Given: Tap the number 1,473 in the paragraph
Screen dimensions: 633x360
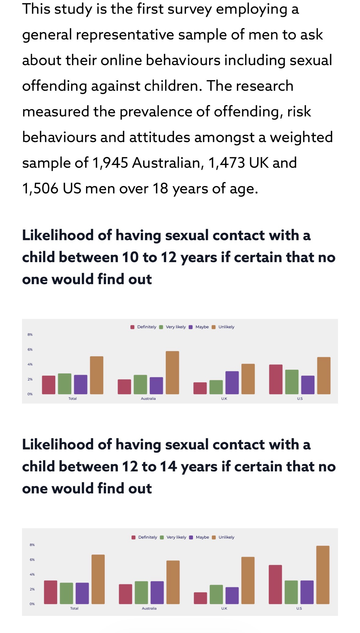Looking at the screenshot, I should [x=227, y=163].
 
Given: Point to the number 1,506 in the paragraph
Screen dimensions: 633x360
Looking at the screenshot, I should [x=40, y=189].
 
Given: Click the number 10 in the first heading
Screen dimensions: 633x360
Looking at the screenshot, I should [x=130, y=257].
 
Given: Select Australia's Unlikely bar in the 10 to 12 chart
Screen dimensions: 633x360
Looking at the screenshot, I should [x=172, y=373].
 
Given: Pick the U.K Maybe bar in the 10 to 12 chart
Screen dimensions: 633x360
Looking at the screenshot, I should [x=232, y=383].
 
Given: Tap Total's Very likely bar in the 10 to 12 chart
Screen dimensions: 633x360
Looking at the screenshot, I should [x=65, y=384].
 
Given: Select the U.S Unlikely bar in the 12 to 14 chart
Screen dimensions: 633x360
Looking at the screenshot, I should [x=323, y=575].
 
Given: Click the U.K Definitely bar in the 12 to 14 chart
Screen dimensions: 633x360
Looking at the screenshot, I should [x=201, y=598].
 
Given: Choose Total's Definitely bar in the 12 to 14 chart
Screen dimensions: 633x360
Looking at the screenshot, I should [x=51, y=592].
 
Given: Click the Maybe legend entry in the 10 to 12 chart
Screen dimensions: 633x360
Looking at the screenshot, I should [x=202, y=327].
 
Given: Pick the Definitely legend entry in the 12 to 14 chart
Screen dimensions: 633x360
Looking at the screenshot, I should [x=147, y=537].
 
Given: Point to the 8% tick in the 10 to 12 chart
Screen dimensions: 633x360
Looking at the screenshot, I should [x=30, y=335].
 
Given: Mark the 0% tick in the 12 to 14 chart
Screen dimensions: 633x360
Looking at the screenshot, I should [x=32, y=604].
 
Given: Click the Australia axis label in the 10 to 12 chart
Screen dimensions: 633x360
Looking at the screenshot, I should [x=148, y=398].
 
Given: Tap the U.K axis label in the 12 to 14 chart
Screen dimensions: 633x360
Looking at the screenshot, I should [x=224, y=608].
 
